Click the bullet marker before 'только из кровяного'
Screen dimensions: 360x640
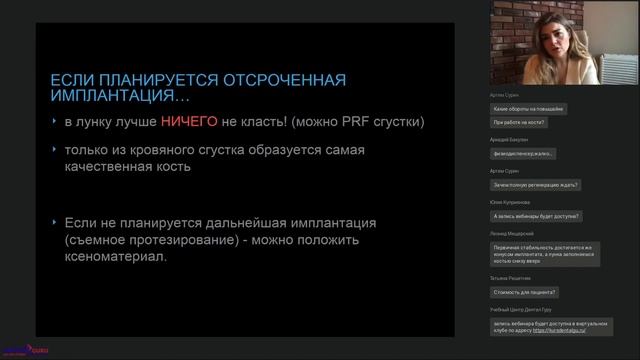[x=55, y=150]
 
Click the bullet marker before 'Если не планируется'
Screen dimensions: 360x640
[x=55, y=222]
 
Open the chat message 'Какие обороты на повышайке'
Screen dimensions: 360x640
[x=529, y=107]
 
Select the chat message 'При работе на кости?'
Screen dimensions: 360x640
[x=518, y=124]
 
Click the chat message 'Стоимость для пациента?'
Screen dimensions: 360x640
[x=525, y=292]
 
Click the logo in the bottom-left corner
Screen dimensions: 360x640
[x=17, y=349]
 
